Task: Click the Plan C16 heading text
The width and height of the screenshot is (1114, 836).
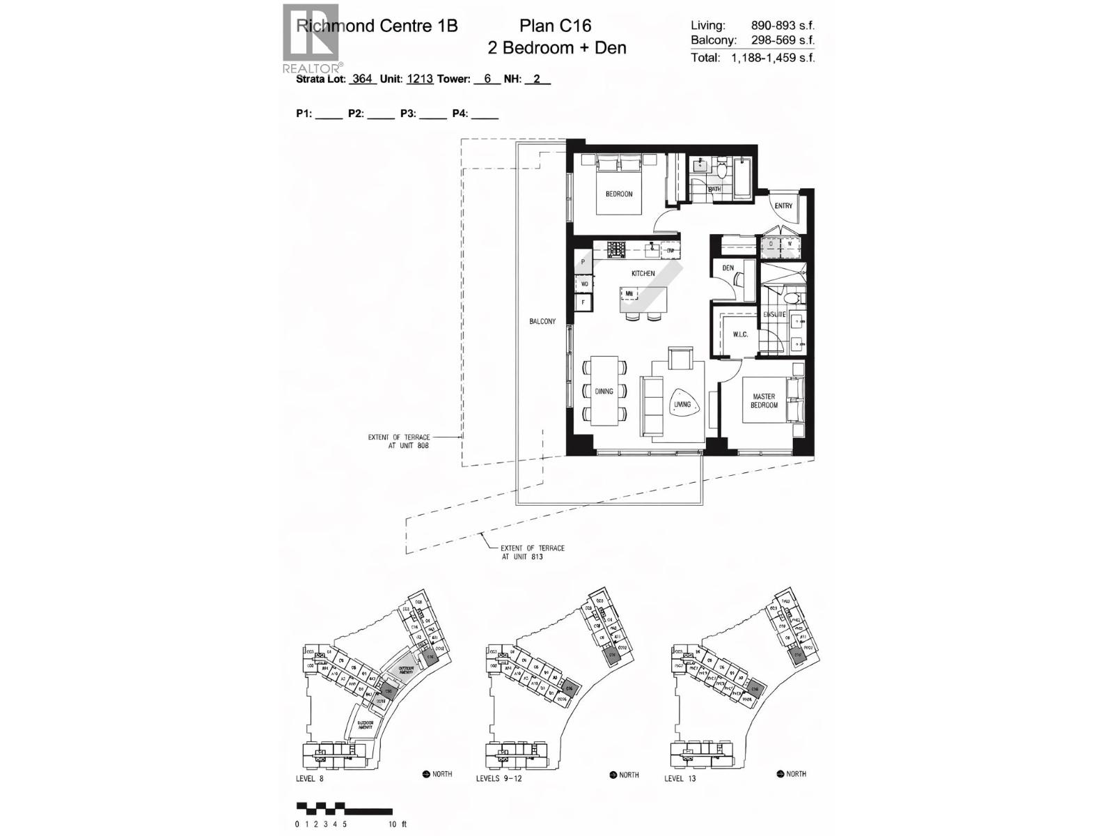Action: [555, 26]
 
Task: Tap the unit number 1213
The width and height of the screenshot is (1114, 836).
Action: [420, 79]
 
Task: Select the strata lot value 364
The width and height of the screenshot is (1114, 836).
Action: [362, 79]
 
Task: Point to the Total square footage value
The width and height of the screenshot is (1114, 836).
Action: [772, 58]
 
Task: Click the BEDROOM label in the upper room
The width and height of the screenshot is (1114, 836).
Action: [618, 194]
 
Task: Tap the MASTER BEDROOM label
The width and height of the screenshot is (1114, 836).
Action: [763, 401]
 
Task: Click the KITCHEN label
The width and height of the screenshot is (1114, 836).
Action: [643, 274]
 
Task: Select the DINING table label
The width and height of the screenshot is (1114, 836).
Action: [604, 391]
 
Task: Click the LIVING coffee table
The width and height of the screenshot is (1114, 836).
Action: [682, 404]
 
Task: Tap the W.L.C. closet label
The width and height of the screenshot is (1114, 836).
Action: [739, 335]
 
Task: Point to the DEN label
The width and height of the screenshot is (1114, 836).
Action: [728, 268]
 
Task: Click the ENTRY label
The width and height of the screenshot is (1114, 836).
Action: [783, 206]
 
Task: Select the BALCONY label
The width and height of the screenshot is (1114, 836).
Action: [542, 321]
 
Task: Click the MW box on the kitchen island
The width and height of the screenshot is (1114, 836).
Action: [629, 294]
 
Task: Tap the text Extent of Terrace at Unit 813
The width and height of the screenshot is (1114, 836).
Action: [533, 552]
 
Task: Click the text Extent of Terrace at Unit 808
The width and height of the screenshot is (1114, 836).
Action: [399, 441]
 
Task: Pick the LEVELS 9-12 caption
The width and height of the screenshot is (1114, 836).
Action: [499, 778]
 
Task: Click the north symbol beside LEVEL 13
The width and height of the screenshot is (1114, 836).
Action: [781, 774]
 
